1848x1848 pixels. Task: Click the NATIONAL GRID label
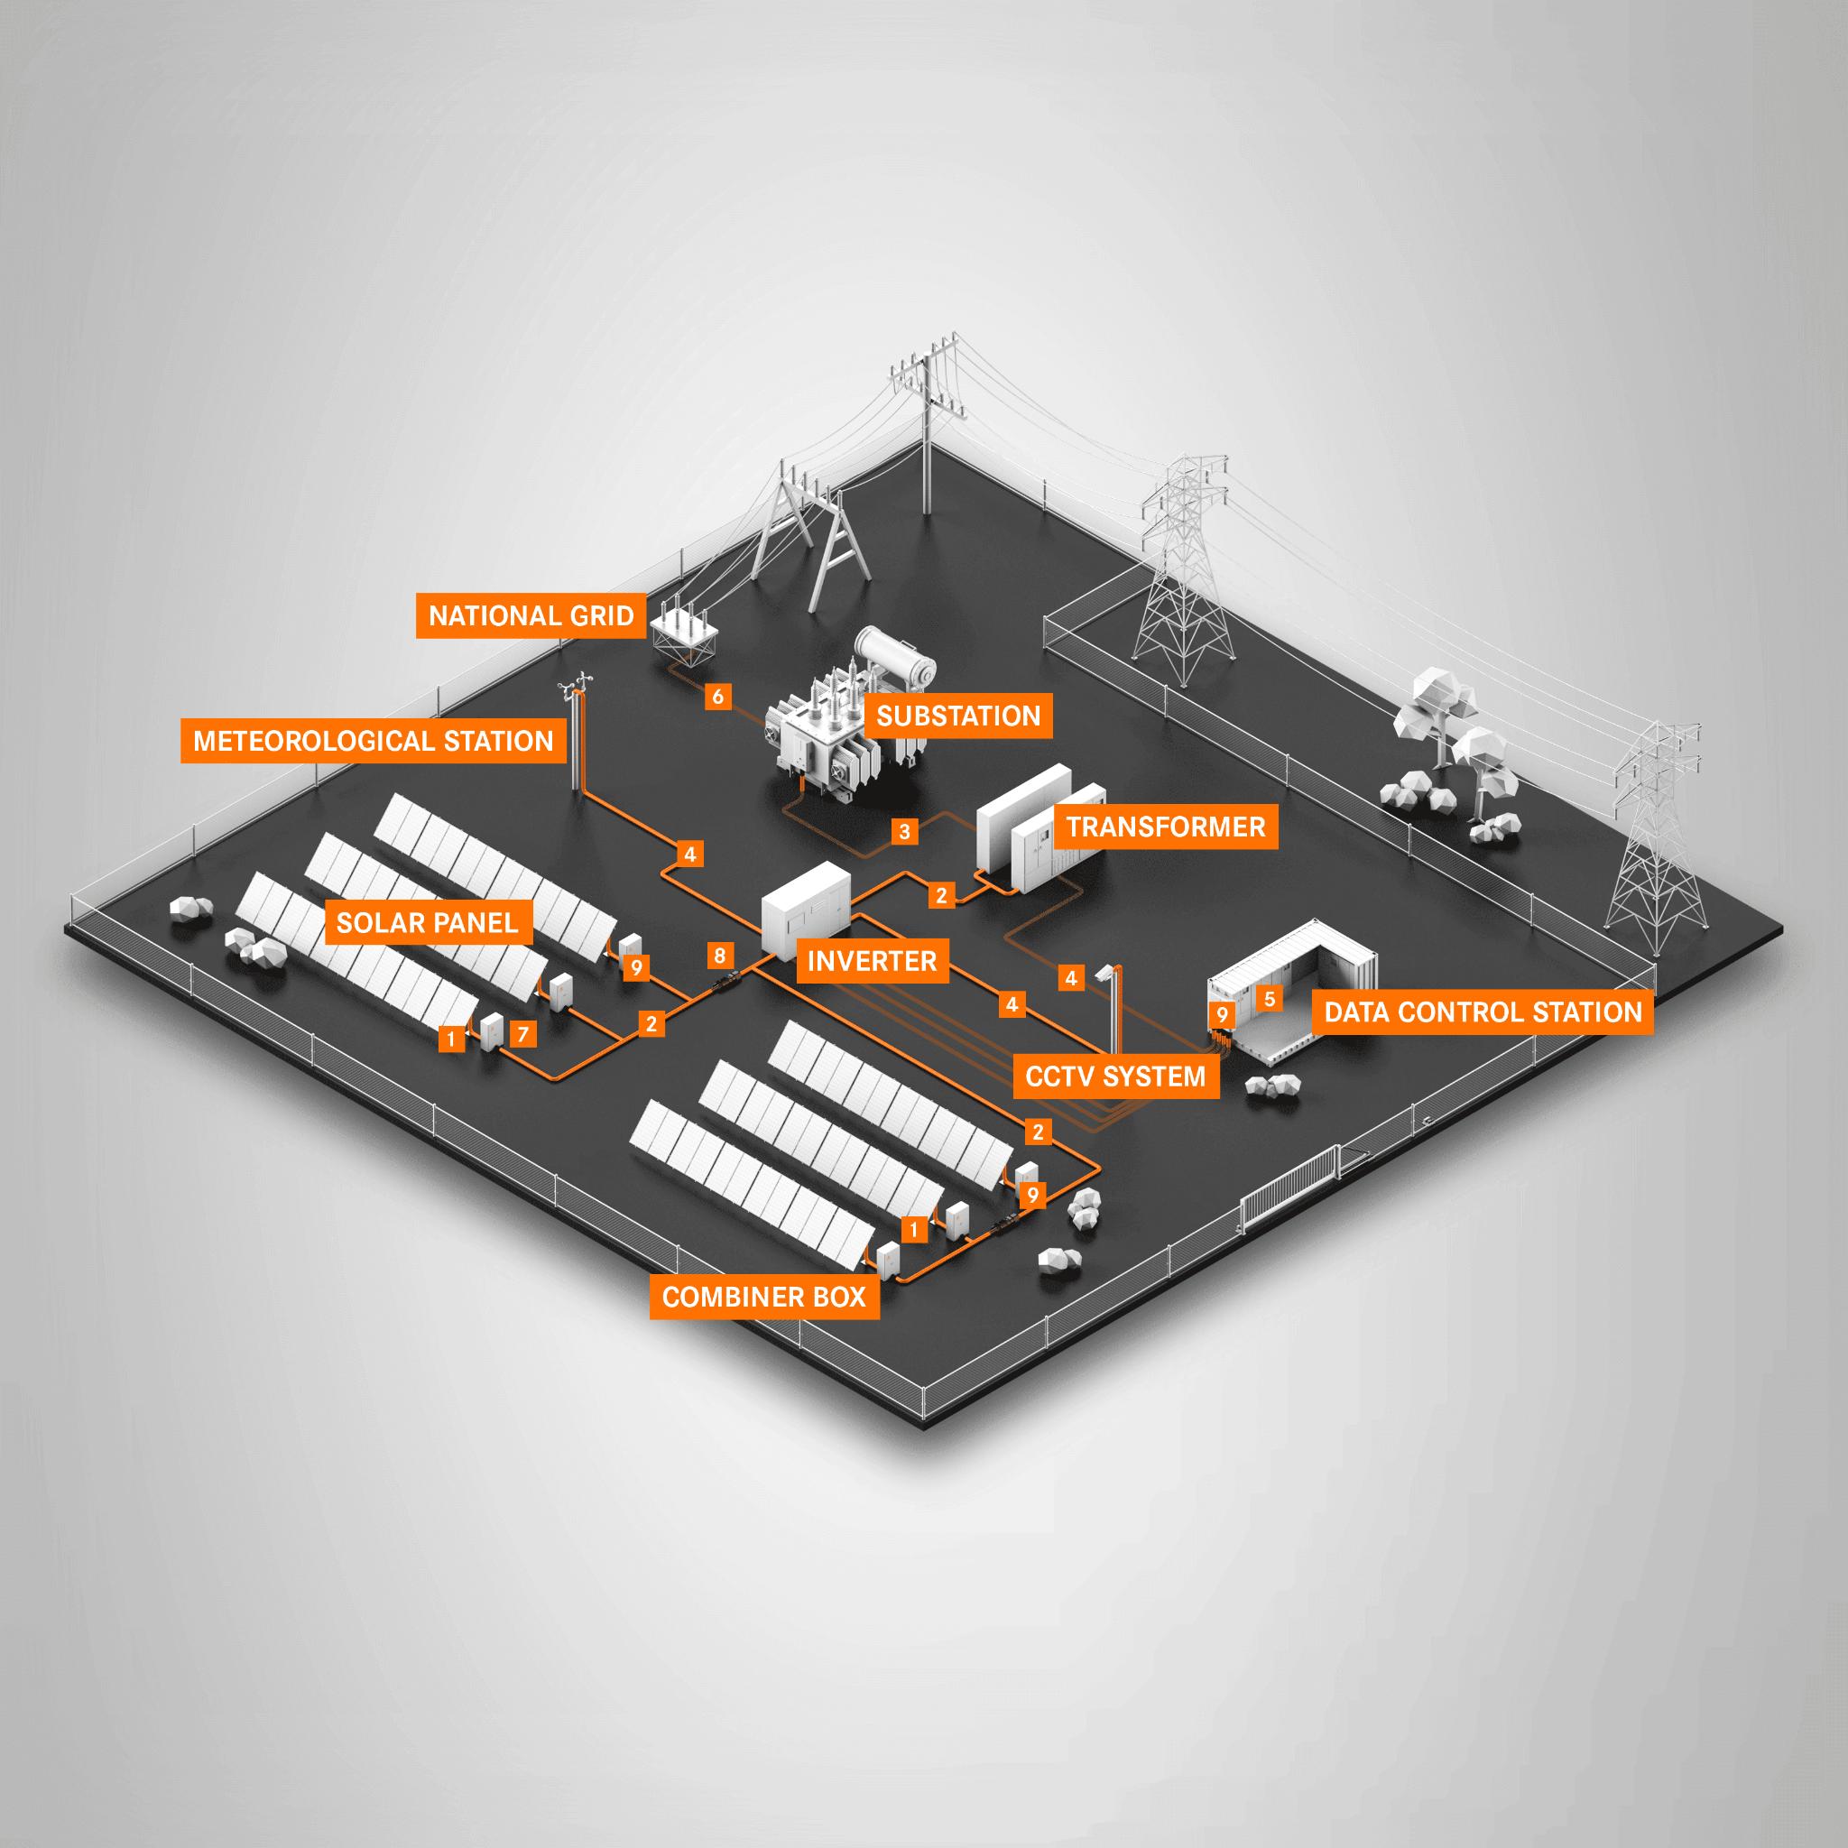[x=531, y=615]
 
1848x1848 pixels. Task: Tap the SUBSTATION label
[x=958, y=716]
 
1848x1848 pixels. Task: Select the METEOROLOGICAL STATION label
[x=373, y=740]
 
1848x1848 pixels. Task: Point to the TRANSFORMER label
[x=1166, y=827]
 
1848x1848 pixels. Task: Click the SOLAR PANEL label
[x=427, y=922]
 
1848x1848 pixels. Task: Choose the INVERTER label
[x=873, y=960]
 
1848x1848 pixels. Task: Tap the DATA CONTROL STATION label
[x=1483, y=1011]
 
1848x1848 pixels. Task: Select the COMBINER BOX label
[x=764, y=1296]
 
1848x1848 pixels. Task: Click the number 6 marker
[x=718, y=697]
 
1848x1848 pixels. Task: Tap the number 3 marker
[x=905, y=830]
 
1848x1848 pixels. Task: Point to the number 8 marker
[x=719, y=955]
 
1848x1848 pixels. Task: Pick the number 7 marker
[x=522, y=1034]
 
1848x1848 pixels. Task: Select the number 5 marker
[x=1270, y=999]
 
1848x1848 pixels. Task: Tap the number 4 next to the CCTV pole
[x=1071, y=977]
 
